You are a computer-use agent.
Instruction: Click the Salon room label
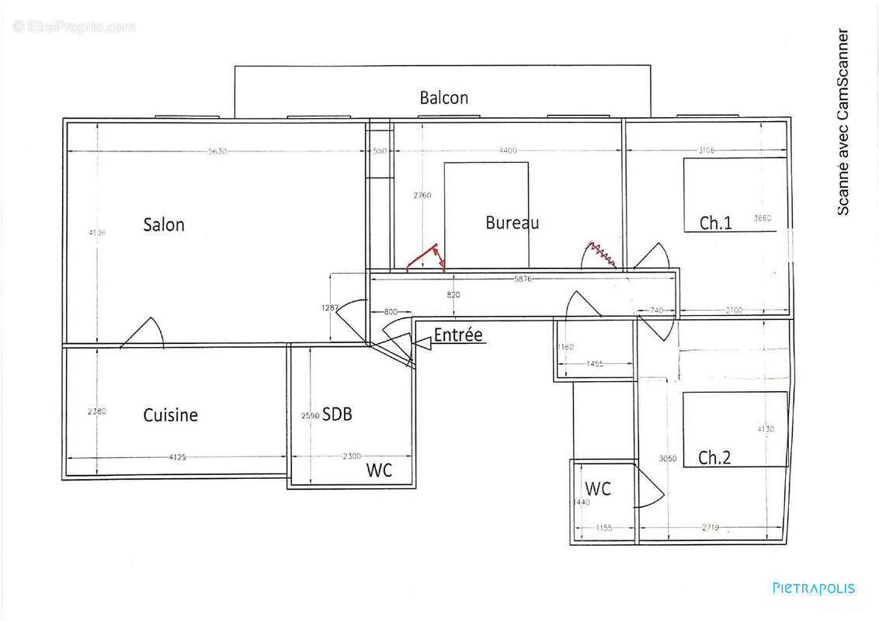click(164, 225)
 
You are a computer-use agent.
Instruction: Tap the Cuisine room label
click(170, 415)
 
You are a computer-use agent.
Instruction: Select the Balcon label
click(444, 98)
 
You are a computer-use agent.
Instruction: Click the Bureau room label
click(512, 223)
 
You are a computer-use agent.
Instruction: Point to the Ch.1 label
click(715, 224)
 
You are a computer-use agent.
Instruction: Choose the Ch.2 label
click(714, 457)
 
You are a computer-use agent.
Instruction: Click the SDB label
click(337, 415)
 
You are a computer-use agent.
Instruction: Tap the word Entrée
click(458, 335)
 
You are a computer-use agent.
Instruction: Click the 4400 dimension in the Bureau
click(508, 151)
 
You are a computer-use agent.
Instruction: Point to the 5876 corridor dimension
click(523, 279)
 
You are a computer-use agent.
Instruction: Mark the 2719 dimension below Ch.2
click(710, 528)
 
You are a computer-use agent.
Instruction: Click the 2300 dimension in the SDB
click(351, 456)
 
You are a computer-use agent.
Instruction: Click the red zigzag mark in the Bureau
click(600, 253)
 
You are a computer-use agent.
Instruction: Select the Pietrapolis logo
click(814, 588)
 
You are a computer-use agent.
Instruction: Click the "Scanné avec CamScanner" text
click(843, 123)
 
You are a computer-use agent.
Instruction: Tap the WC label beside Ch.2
click(598, 489)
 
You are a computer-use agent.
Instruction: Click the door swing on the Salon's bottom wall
click(144, 334)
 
